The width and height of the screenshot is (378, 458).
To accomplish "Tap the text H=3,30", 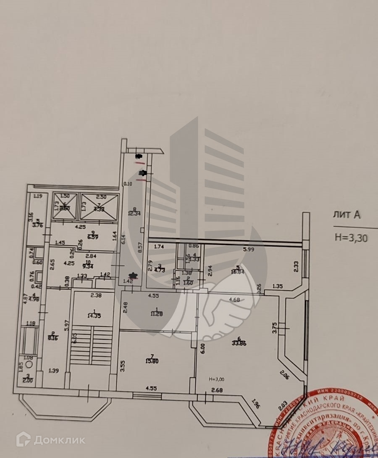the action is (x=351, y=238).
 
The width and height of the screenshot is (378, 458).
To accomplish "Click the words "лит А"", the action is (x=346, y=215).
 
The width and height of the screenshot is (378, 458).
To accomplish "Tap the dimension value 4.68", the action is (x=236, y=299).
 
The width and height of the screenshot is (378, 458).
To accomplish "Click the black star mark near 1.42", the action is (x=133, y=275).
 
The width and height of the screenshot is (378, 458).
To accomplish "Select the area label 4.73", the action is (x=162, y=271).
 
